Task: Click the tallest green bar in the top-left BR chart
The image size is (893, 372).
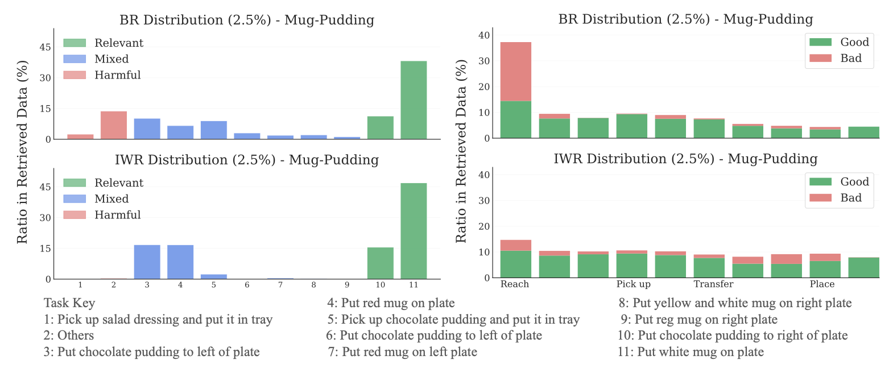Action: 414,100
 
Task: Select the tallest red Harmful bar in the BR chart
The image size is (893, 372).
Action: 114,125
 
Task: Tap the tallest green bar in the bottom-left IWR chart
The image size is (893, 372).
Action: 414,231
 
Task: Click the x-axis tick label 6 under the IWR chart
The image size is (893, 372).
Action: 247,285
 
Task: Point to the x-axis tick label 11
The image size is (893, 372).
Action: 414,285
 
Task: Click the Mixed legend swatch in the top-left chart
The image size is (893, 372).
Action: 75,59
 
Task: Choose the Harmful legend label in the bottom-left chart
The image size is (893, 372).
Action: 117,215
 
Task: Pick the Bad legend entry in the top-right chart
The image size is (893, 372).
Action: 850,58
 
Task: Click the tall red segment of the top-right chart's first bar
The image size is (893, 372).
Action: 515,71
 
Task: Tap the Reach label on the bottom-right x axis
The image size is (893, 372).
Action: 515,284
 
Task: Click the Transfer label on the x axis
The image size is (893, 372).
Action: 713,284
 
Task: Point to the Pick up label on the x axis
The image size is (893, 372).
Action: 633,284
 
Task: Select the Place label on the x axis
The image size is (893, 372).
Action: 822,284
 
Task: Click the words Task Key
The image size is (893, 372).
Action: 69,303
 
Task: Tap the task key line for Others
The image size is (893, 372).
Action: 69,336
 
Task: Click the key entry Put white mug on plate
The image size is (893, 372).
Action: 691,352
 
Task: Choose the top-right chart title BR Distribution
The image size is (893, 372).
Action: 685,19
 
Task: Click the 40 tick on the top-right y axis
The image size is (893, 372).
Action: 484,35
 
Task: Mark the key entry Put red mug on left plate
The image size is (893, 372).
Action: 403,352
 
